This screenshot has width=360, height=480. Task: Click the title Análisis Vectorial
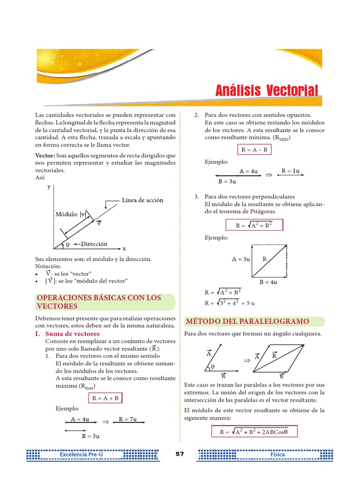point(267,91)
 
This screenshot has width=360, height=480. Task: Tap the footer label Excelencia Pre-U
point(78,455)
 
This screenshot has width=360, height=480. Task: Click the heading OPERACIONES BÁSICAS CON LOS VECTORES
point(98,302)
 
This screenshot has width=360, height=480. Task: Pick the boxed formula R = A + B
point(105,398)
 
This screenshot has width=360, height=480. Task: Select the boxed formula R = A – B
point(254,150)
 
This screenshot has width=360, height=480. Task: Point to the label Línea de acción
point(142,201)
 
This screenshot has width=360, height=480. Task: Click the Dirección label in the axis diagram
point(94,244)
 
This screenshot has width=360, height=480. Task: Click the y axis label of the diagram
point(49,187)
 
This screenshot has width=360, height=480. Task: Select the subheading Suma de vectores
point(72,334)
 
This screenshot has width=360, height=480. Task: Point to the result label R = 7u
point(127,419)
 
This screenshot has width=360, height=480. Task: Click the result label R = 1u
point(290,171)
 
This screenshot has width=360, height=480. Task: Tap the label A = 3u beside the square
point(241,259)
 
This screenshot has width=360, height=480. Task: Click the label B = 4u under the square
point(268,282)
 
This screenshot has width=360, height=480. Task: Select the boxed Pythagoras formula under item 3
point(254,225)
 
